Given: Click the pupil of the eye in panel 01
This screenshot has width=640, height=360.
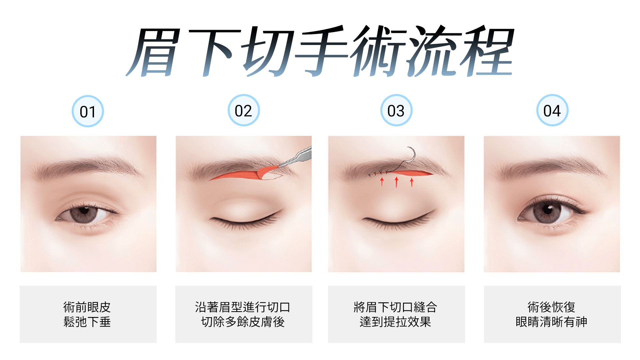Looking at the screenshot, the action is pos(84,211).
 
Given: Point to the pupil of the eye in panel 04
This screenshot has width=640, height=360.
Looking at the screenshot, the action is pos(547,209).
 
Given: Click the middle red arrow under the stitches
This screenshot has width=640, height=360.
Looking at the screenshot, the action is pos(396,182).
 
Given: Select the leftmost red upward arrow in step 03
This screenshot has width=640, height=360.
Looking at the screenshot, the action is pos(382,182).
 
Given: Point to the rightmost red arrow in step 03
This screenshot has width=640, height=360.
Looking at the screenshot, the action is pos(412,182).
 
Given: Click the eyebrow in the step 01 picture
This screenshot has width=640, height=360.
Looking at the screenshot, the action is pos(88,167).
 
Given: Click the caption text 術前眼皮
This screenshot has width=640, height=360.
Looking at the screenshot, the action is pos(87,307).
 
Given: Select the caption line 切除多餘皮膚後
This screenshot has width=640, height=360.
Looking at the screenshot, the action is pos(243,322).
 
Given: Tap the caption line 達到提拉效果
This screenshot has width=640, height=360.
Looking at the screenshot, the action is pos(396,322).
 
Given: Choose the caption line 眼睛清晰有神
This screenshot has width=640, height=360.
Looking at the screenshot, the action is pos(552,322).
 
